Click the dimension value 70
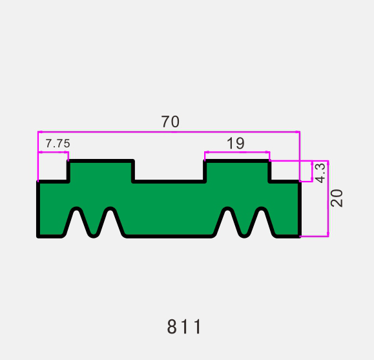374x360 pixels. (x=170, y=122)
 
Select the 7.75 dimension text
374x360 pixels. (x=57, y=143)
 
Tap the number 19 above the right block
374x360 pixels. (x=236, y=143)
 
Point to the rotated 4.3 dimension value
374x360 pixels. (x=320, y=172)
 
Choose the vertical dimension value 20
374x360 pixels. (x=337, y=198)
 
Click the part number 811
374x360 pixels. (x=185, y=327)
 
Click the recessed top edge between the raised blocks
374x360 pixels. (x=169, y=182)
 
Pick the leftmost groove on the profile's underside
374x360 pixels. (x=77, y=224)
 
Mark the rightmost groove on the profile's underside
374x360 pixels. (x=262, y=224)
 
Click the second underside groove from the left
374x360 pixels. (x=110, y=224)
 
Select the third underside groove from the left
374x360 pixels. (x=227, y=224)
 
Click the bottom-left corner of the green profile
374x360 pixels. (x=39, y=236)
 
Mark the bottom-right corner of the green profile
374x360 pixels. (x=299, y=236)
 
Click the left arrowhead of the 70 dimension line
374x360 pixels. (x=40, y=132)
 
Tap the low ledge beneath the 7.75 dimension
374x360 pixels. (x=53, y=182)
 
